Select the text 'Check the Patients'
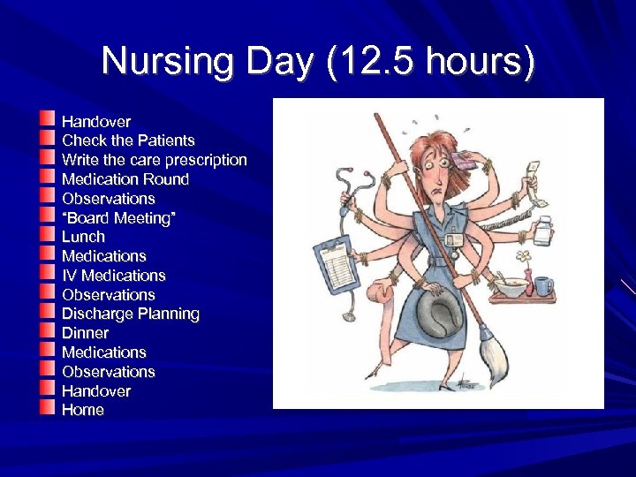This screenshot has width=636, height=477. coord(128,140)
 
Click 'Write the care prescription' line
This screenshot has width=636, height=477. coord(154,160)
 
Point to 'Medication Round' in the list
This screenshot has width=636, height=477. coord(125,179)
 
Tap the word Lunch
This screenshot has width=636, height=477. coord(83,237)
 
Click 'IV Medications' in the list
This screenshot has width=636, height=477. coord(113,276)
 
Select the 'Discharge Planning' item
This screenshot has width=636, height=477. coord(130,314)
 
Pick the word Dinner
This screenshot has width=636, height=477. coord(85,333)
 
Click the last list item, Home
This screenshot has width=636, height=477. coord(82,410)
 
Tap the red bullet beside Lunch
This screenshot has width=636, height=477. coord(48,235)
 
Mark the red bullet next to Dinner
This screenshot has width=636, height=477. coord(48,331)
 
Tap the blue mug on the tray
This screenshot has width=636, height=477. coord(543,285)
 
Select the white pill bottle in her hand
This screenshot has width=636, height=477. coord(542,231)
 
